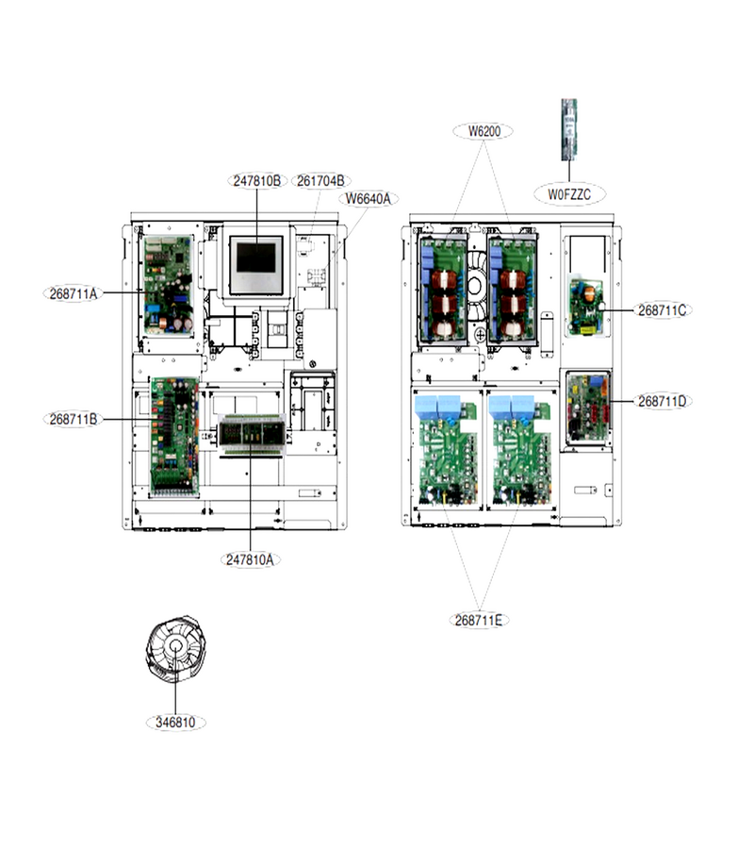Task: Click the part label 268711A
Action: click(x=73, y=294)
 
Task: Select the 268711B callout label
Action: click(x=73, y=419)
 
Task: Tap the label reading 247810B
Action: click(x=257, y=181)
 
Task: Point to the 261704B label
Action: click(x=320, y=181)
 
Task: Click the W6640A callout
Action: click(x=369, y=199)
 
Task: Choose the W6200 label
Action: click(x=484, y=131)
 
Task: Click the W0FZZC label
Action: click(x=569, y=194)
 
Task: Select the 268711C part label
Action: click(x=662, y=310)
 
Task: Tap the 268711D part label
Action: click(x=662, y=401)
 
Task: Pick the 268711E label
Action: click(x=479, y=620)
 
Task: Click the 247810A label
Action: click(x=251, y=559)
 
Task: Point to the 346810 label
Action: click(x=176, y=723)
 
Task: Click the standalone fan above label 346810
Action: click(x=176, y=647)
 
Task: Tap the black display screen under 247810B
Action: click(x=256, y=258)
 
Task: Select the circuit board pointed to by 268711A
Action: click(x=169, y=284)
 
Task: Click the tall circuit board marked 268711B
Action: click(x=174, y=437)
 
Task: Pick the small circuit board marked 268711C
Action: click(x=587, y=307)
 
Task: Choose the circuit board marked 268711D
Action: click(x=588, y=408)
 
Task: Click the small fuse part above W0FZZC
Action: click(x=569, y=129)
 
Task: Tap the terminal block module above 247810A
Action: click(x=251, y=432)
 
